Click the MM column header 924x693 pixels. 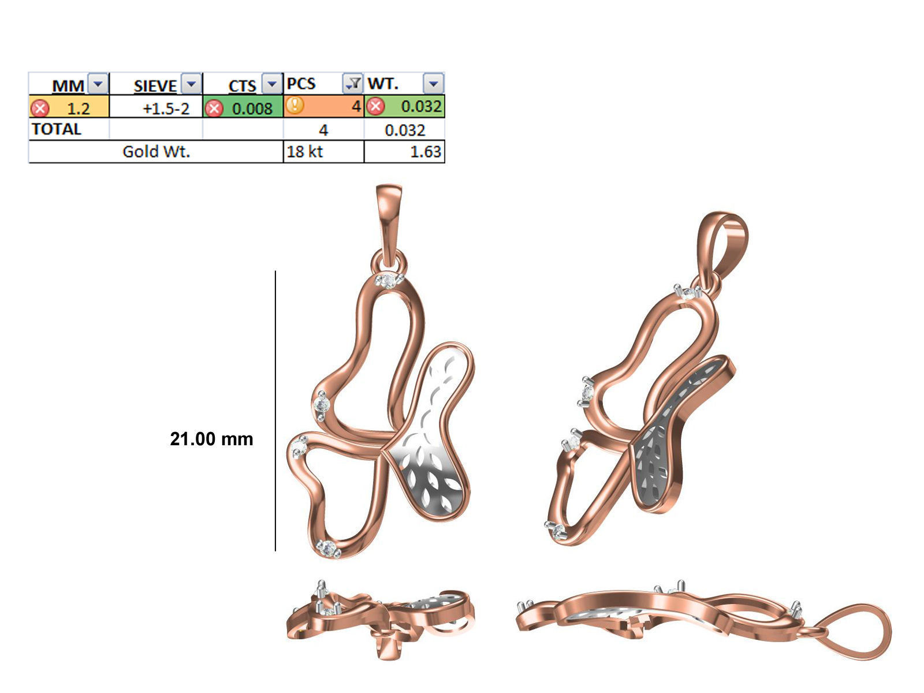(x=68, y=85)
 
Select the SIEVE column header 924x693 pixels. (x=155, y=85)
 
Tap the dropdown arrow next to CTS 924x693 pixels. (x=271, y=84)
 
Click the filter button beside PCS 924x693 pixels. (x=352, y=84)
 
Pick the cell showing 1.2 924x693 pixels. (x=78, y=108)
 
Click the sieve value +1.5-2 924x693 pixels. (x=166, y=108)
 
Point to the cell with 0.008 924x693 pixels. (x=252, y=108)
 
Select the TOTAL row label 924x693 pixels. (x=57, y=129)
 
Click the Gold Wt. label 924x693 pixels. (x=156, y=151)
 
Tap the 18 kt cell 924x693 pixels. (x=305, y=151)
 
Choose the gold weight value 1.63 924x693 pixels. (x=425, y=151)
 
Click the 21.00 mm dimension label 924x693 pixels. (x=211, y=439)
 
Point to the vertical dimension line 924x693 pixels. (x=275, y=410)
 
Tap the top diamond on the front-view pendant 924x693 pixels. (x=388, y=281)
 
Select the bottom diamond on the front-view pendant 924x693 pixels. (x=329, y=549)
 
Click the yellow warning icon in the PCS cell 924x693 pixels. (x=295, y=106)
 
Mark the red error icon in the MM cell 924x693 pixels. (x=40, y=108)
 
